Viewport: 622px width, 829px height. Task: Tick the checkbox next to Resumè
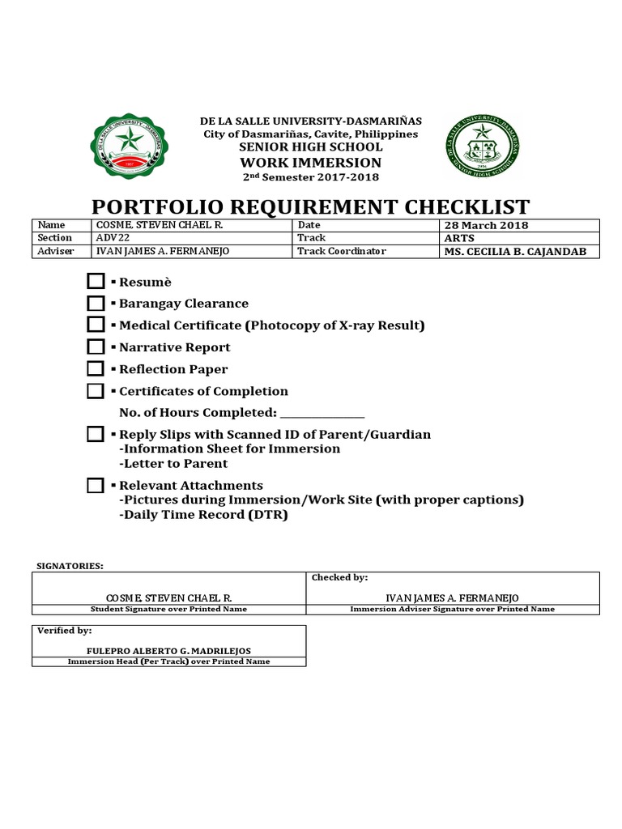pyautogui.click(x=96, y=282)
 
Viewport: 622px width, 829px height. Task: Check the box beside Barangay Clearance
pyautogui.click(x=96, y=304)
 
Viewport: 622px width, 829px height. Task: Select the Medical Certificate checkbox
pyautogui.click(x=96, y=325)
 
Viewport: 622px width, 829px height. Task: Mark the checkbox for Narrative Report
pyautogui.click(x=96, y=346)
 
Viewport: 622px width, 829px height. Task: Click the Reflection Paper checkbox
pyautogui.click(x=96, y=368)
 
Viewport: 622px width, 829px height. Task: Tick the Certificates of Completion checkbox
pyautogui.click(x=96, y=391)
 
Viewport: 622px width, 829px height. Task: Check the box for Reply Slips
pyautogui.click(x=96, y=434)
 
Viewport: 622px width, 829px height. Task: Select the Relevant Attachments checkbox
pyautogui.click(x=96, y=486)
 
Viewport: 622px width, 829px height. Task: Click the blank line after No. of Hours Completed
pyautogui.click(x=322, y=414)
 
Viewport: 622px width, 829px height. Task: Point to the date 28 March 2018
pyautogui.click(x=486, y=225)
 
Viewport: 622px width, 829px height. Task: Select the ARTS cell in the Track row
pyautogui.click(x=458, y=238)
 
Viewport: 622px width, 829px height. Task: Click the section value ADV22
pyautogui.click(x=113, y=238)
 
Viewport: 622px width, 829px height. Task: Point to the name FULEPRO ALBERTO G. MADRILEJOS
pyautogui.click(x=168, y=651)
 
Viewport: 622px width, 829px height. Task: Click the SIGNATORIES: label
pyautogui.click(x=71, y=564)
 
